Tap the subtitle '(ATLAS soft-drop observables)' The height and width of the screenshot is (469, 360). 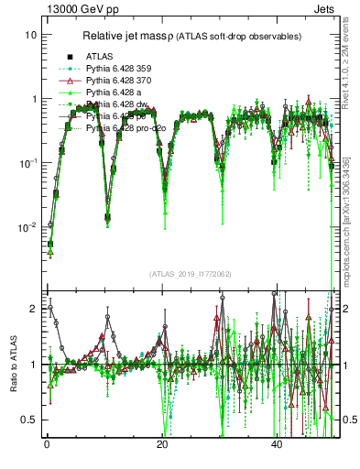coord(239,37)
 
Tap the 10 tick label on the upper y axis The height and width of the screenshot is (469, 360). coord(30,35)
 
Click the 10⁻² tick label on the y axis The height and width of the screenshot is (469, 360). coord(27,226)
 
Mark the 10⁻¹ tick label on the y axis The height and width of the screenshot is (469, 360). coord(27,162)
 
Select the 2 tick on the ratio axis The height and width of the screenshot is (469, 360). coord(33,309)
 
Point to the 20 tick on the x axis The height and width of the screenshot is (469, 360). coord(161,443)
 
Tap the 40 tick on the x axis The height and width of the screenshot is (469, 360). coord(277,443)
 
